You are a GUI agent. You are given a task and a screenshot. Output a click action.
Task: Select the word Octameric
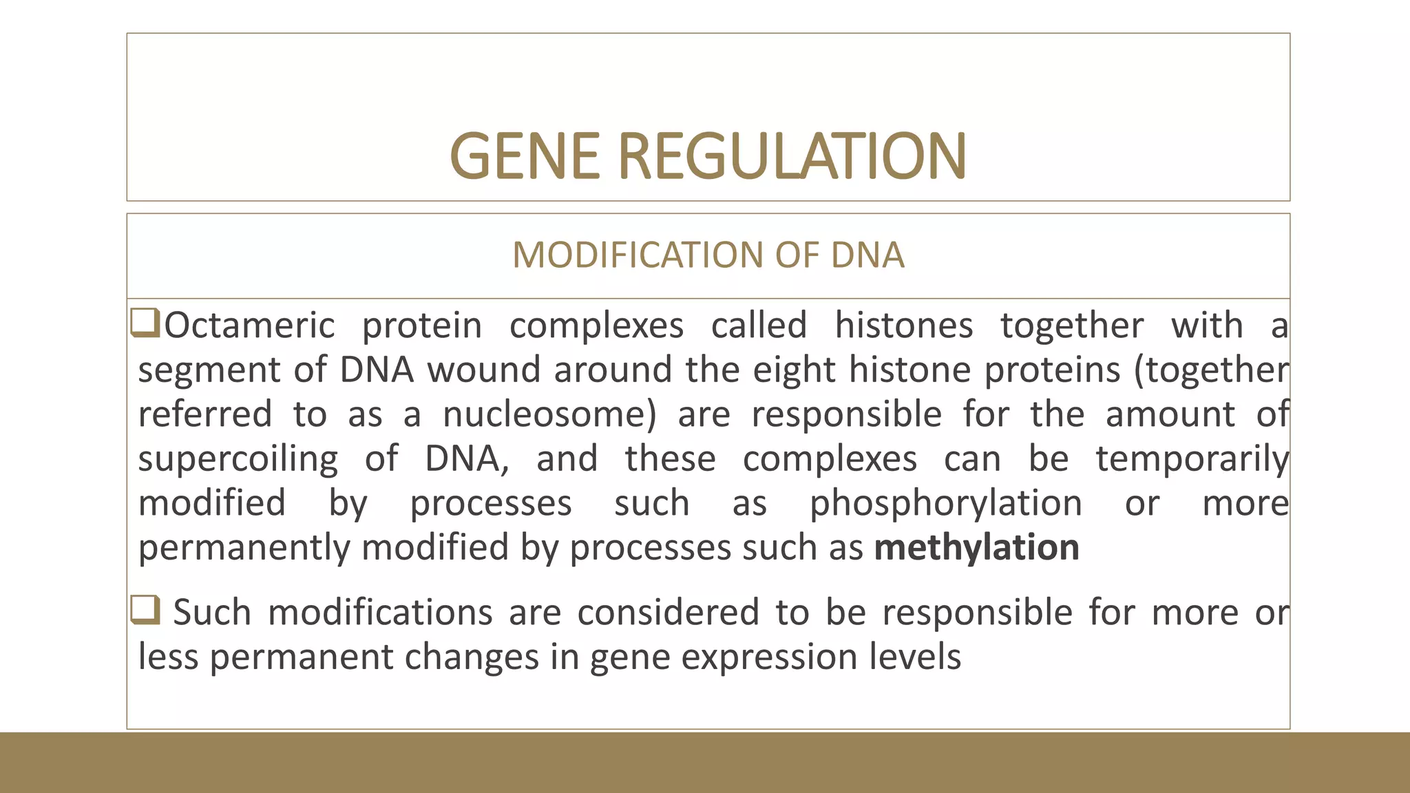249,325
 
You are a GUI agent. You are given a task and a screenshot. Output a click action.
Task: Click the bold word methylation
976,548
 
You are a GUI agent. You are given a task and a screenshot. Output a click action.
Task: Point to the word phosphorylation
945,503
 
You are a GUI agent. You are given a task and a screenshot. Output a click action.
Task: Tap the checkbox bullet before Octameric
145,324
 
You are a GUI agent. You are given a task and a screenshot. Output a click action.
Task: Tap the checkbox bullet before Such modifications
145,610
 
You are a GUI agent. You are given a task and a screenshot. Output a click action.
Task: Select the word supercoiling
238,459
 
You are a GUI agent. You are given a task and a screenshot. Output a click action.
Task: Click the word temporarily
1192,459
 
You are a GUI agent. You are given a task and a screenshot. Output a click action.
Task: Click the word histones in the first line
903,325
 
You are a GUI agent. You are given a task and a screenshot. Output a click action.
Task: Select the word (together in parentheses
1211,370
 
